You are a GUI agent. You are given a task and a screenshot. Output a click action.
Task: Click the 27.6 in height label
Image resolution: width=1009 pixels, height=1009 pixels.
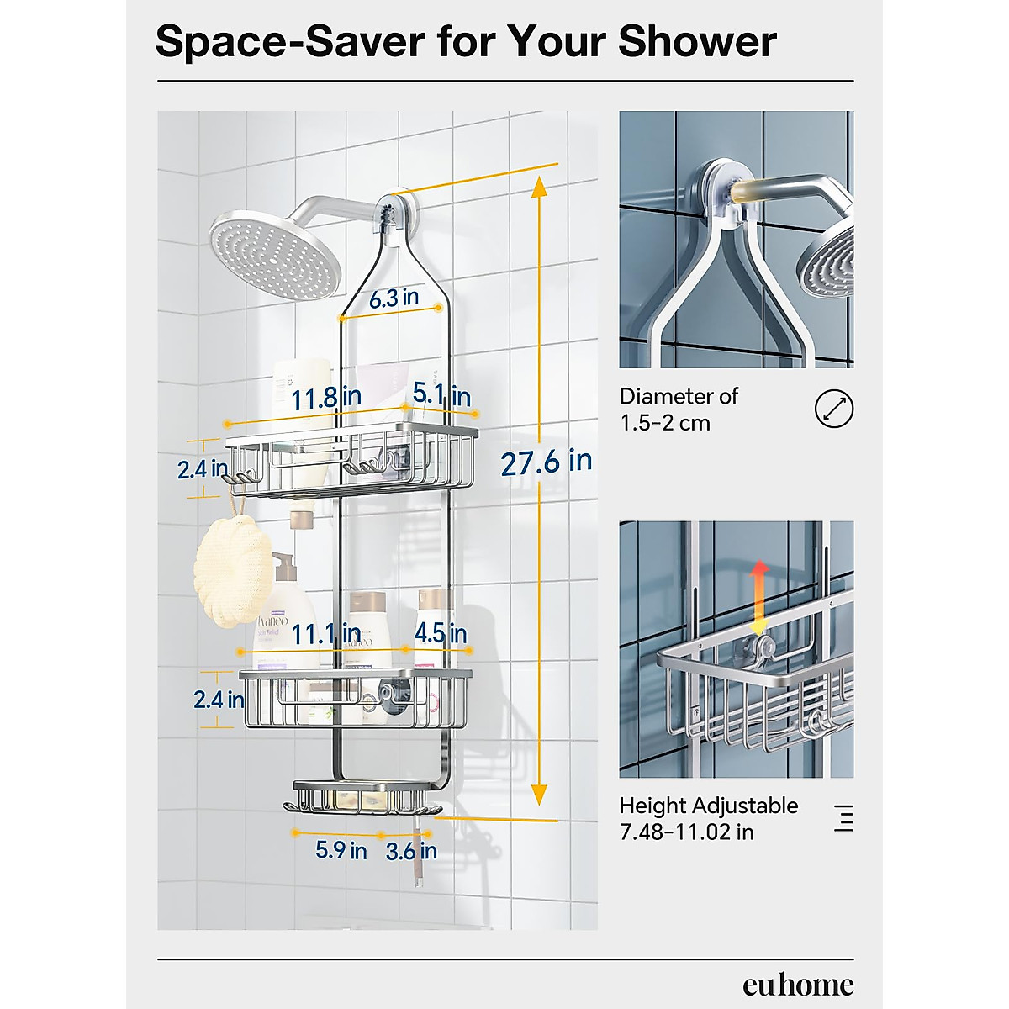coord(546,462)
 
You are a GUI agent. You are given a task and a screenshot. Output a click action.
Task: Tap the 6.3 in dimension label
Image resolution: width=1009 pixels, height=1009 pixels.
coord(394,298)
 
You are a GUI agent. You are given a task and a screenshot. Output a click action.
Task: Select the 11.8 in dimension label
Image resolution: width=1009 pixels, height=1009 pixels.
coord(326,398)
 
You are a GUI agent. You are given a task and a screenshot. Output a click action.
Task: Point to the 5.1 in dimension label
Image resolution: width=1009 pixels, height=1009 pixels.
coord(441,394)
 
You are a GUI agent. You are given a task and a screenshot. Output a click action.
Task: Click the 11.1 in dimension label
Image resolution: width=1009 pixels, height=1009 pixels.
coord(326,633)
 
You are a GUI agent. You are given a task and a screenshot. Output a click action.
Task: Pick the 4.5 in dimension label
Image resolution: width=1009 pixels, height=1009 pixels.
coord(440,632)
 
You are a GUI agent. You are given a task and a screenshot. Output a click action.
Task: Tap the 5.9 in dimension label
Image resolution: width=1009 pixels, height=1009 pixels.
coord(341,850)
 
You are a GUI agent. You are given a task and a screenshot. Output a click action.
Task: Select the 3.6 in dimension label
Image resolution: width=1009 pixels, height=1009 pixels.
coord(411,851)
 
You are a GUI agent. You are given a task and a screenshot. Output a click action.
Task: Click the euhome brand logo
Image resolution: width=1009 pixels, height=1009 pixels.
coord(797,985)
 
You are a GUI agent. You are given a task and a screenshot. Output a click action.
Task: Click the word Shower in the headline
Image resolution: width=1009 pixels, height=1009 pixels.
coord(697,41)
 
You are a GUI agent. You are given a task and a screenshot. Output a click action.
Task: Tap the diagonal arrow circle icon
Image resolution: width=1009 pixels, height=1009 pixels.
coord(833,409)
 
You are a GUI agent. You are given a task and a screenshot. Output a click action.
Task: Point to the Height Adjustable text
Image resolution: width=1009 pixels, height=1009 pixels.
coord(708,806)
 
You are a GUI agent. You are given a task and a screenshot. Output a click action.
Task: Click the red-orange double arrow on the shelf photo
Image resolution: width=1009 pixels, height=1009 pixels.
coord(758,597)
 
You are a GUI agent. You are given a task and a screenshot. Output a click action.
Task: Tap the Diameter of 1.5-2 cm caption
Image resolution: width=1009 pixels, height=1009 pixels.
coord(678,409)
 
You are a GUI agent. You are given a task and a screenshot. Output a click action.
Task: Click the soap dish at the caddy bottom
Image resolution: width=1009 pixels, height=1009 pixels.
coord(362,799)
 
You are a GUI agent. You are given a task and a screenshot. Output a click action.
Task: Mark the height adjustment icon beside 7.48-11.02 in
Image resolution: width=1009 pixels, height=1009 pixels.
coord(843,817)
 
